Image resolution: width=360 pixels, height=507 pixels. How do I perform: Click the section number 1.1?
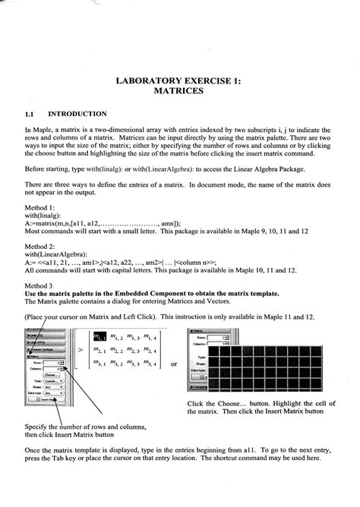click(30, 113)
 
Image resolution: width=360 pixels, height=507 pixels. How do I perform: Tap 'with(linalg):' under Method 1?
click(45, 216)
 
